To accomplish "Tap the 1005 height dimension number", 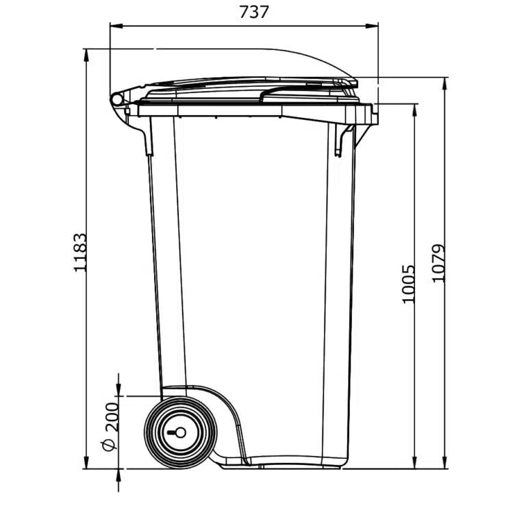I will click(x=408, y=284).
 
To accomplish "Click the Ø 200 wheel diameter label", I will click(x=110, y=425).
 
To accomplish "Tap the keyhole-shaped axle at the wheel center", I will click(x=177, y=432).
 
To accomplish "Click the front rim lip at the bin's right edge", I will click(x=373, y=114).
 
